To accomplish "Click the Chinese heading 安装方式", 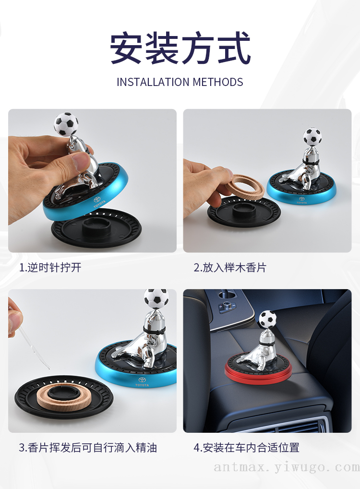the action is click(180, 48).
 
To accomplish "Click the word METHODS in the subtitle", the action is click(218, 82).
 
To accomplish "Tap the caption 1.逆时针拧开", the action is click(50, 267).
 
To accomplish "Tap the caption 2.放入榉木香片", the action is click(230, 267).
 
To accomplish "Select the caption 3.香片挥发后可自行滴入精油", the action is click(88, 448).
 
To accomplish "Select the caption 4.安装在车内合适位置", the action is click(246, 448).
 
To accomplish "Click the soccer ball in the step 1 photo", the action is click(66, 124).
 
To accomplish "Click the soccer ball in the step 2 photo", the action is click(312, 137).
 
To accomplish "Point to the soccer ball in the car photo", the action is click(267, 319).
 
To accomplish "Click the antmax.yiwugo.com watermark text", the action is click(287, 467).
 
